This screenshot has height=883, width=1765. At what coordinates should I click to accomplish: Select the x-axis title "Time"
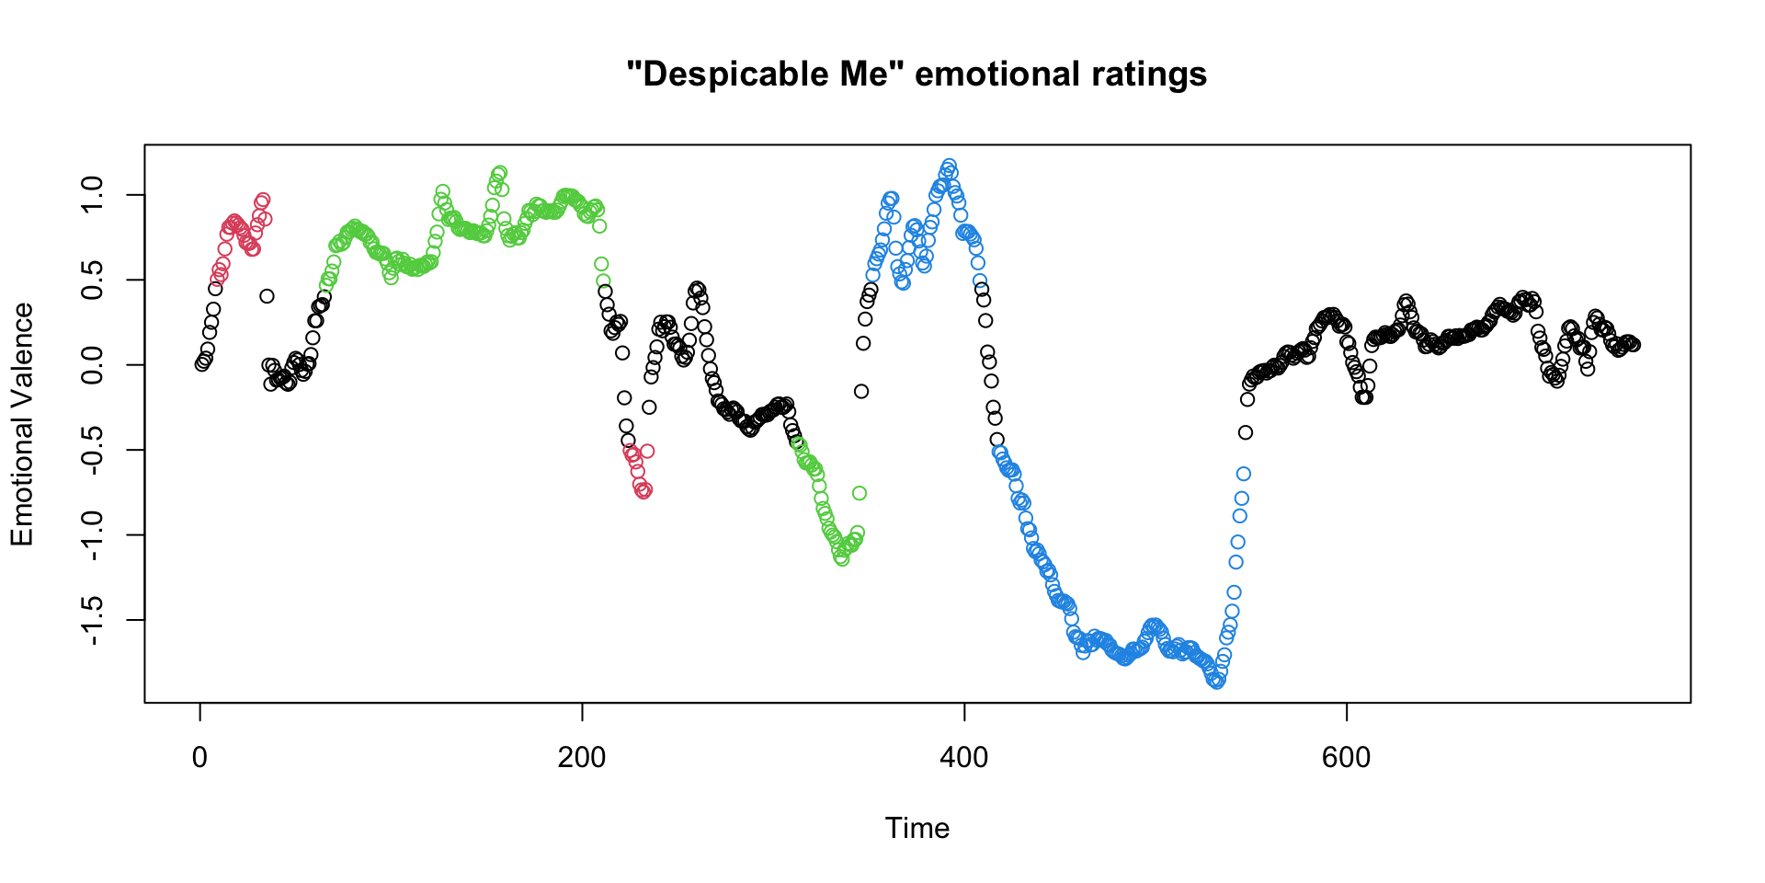(x=917, y=828)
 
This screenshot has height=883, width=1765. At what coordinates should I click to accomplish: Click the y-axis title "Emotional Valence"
(x=22, y=424)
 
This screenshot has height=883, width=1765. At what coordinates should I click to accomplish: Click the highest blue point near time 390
(x=949, y=166)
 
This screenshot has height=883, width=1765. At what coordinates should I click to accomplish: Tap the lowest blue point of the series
(x=1216, y=682)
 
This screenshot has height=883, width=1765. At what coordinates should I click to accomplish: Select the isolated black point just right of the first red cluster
(x=267, y=296)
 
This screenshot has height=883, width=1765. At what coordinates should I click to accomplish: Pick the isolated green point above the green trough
(x=859, y=493)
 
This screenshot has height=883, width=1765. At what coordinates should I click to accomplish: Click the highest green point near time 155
(x=499, y=172)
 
